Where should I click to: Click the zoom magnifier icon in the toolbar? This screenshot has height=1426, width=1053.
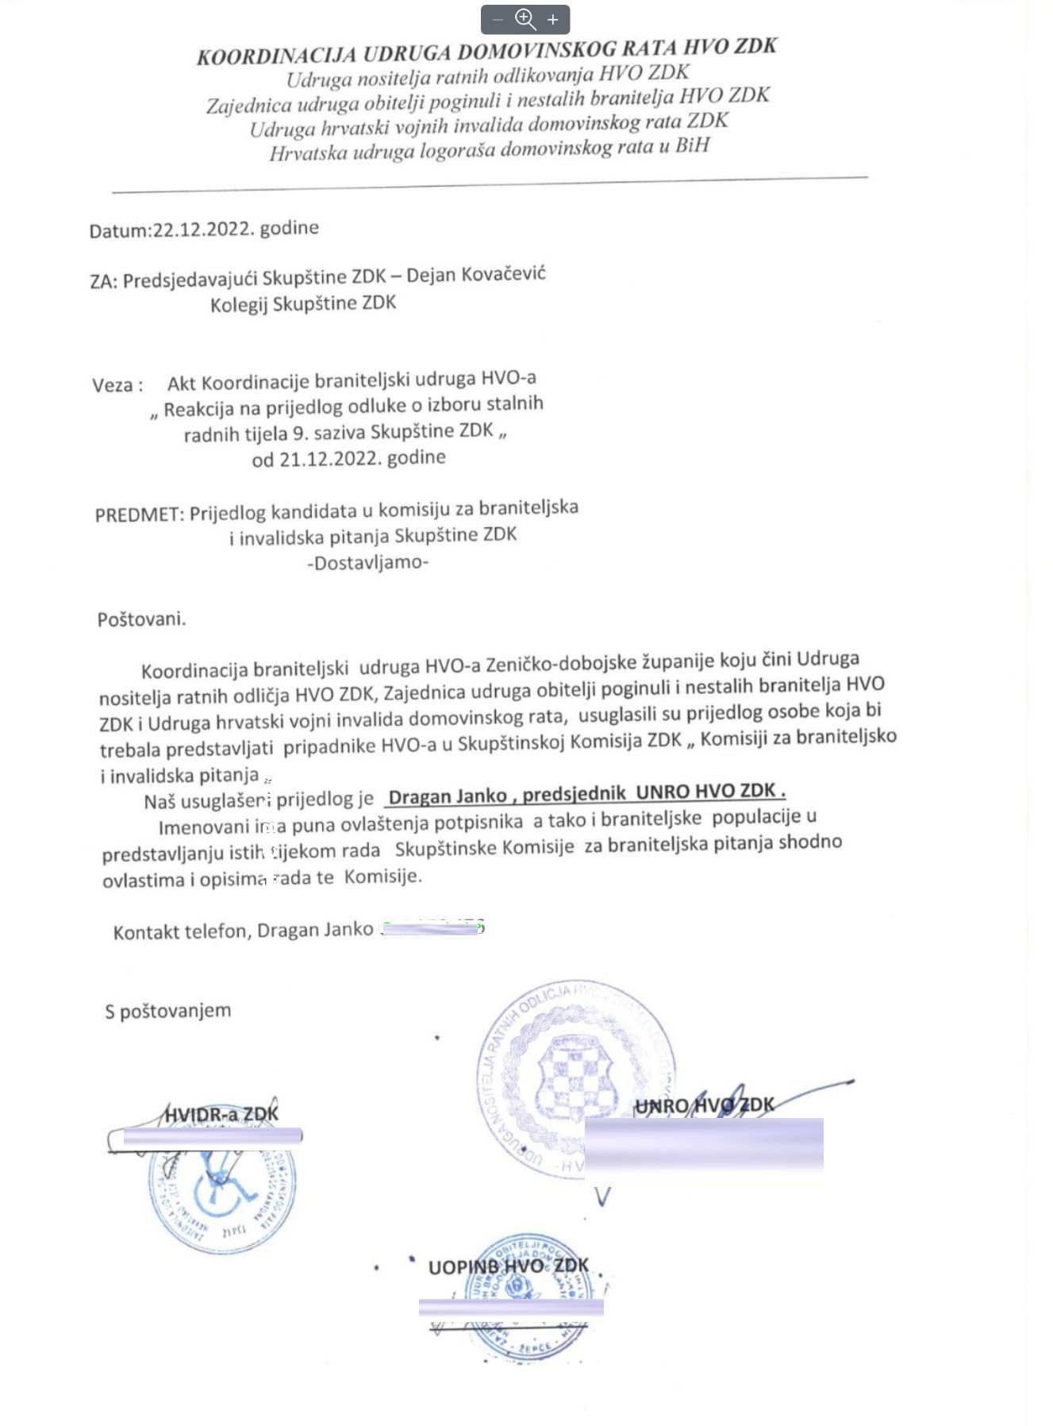point(525,19)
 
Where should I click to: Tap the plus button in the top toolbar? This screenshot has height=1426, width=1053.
point(553,20)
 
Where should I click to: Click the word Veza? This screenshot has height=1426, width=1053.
point(113,385)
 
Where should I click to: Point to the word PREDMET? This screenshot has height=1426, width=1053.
point(139,515)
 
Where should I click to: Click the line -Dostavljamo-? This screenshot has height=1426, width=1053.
point(367,563)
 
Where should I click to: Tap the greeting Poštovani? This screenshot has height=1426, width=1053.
point(141,619)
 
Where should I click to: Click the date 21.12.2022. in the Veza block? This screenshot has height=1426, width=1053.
point(327,459)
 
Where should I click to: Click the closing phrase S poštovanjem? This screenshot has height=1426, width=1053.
point(168,1011)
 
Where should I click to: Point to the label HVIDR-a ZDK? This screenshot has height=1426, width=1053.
point(221,1114)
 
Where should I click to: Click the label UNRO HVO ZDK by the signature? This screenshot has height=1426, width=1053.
point(703,1104)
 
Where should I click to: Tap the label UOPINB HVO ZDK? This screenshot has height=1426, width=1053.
point(508,1266)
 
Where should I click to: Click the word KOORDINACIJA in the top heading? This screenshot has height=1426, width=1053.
point(277,55)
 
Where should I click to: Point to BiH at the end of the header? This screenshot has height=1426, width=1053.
point(692,146)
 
